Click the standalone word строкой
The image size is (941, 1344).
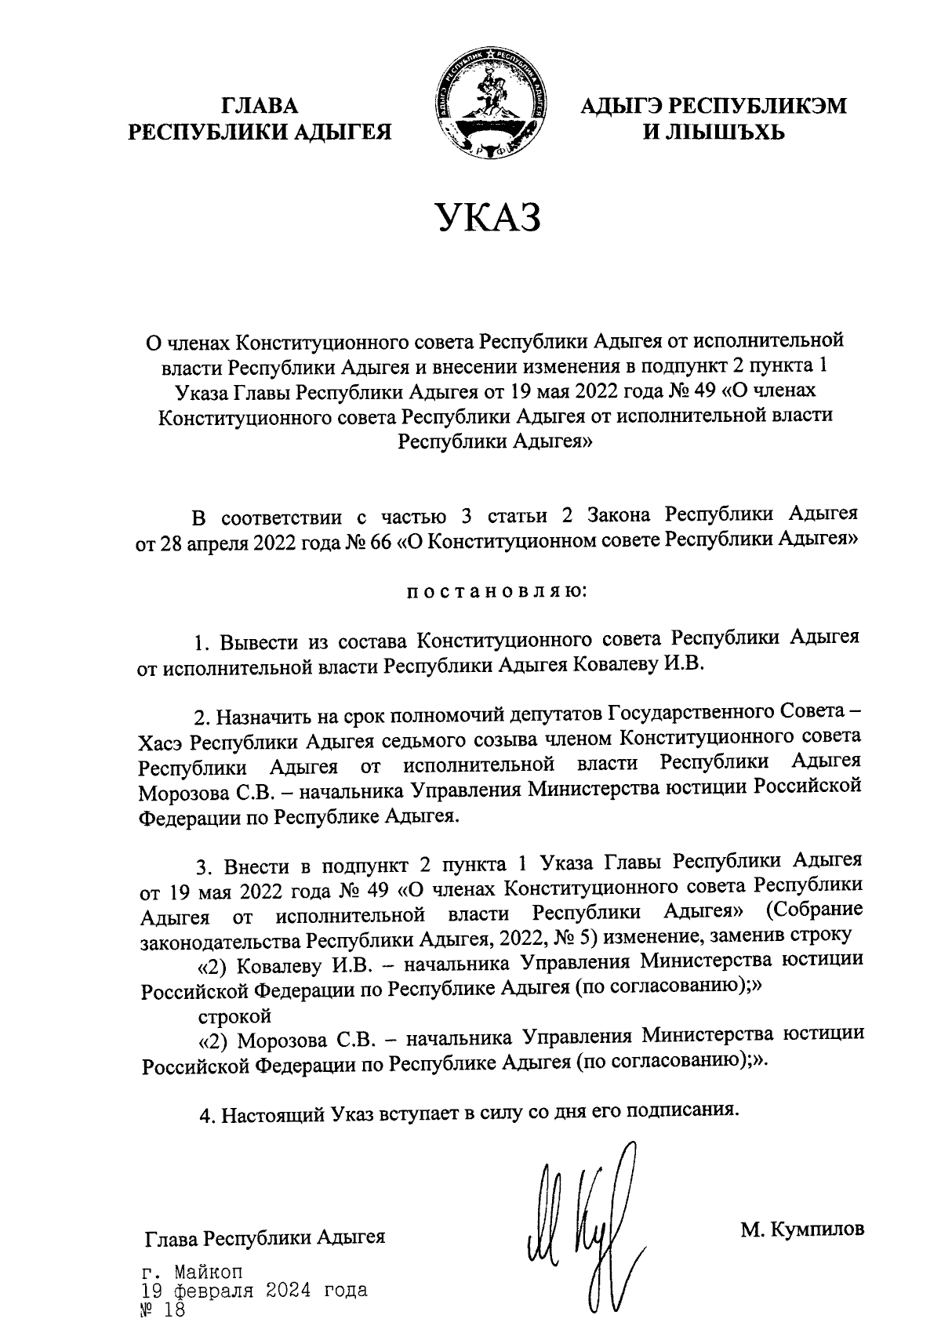234,1016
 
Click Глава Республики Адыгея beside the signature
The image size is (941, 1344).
265,1239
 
